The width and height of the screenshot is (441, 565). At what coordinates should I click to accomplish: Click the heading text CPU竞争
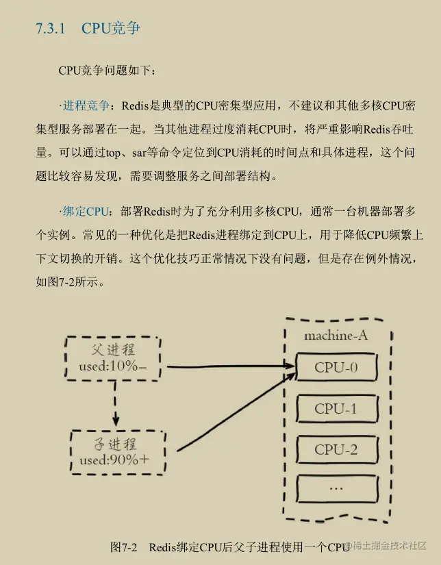(x=111, y=29)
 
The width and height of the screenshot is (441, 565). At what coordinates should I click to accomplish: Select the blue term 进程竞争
(x=86, y=106)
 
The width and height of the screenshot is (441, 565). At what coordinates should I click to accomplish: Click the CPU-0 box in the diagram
(x=336, y=368)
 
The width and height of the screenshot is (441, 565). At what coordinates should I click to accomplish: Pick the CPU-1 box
(x=336, y=409)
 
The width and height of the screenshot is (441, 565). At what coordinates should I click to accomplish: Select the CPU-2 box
(x=336, y=450)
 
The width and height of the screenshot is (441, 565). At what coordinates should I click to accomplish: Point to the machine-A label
(x=336, y=336)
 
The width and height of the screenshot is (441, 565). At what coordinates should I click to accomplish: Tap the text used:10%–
(x=112, y=366)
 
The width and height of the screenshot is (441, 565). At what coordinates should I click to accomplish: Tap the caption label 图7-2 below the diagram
(x=124, y=547)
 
